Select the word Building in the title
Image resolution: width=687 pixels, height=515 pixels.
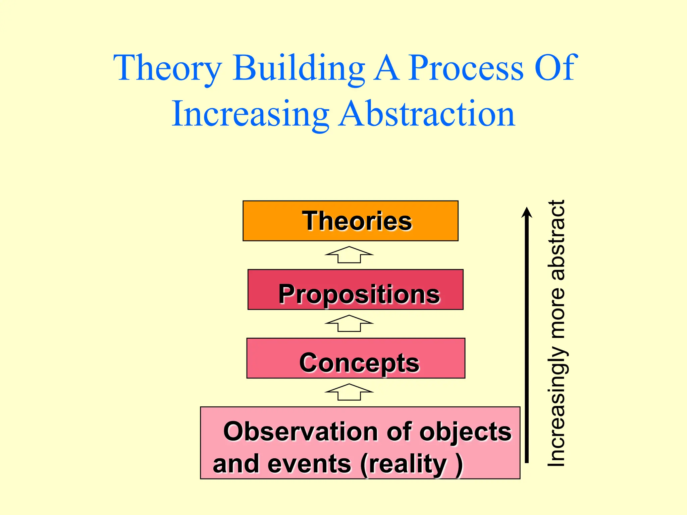299,69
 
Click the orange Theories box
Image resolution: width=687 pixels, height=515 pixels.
350,221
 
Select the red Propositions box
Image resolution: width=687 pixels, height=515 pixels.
355,290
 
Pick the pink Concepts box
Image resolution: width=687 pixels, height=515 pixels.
356,358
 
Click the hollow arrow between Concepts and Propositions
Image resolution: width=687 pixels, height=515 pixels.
349,324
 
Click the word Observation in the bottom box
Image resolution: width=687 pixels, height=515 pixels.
301,432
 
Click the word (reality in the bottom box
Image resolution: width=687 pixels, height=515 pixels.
404,465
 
